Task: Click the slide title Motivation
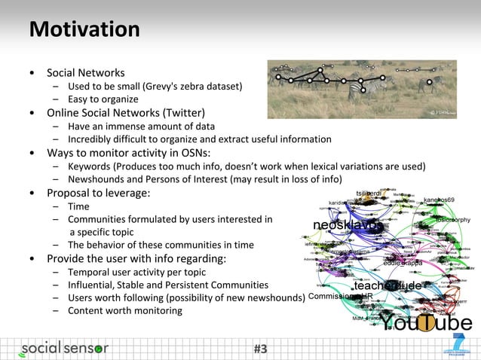[x=84, y=30]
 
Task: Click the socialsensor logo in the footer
[x=64, y=348]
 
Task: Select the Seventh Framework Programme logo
[x=455, y=346]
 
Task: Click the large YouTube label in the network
[x=425, y=323]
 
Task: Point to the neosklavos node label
[x=348, y=226]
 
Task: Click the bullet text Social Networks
[x=85, y=73]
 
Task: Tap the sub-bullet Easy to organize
[x=103, y=99]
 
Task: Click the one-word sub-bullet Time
[x=78, y=206]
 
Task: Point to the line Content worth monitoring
[x=124, y=310]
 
